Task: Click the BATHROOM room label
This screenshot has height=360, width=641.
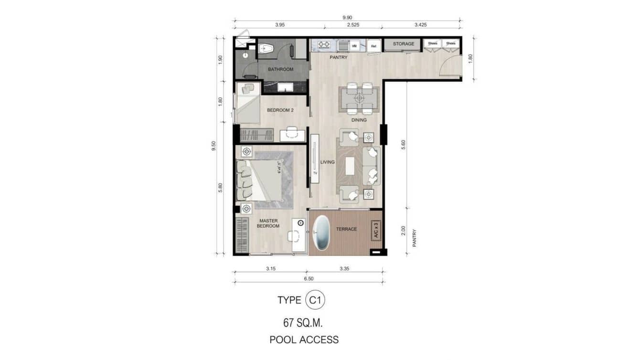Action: pyautogui.click(x=280, y=69)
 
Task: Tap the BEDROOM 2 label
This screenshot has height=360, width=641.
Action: pyautogui.click(x=280, y=110)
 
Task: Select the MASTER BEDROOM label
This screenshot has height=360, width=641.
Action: pyautogui.click(x=268, y=223)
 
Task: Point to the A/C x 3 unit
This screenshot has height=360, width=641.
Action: pyautogui.click(x=376, y=230)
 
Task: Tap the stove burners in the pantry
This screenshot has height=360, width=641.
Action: pyautogui.click(x=324, y=45)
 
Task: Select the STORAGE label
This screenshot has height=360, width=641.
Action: pyautogui.click(x=403, y=44)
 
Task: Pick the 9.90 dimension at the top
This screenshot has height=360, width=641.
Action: pyautogui.click(x=347, y=18)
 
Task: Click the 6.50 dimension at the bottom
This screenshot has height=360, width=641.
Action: pyautogui.click(x=308, y=278)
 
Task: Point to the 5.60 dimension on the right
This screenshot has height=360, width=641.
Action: pyautogui.click(x=404, y=144)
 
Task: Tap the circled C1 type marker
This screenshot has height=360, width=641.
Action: pyautogui.click(x=315, y=300)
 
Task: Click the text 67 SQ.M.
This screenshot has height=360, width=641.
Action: pyautogui.click(x=303, y=323)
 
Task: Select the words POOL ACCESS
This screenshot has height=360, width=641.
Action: pyautogui.click(x=304, y=340)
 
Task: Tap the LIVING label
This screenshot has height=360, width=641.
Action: pyautogui.click(x=327, y=162)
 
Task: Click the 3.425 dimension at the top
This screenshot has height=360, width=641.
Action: pyautogui.click(x=422, y=25)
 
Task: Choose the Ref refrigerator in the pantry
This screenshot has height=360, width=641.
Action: pyautogui.click(x=374, y=46)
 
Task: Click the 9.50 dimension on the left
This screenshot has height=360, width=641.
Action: pyautogui.click(x=214, y=145)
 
